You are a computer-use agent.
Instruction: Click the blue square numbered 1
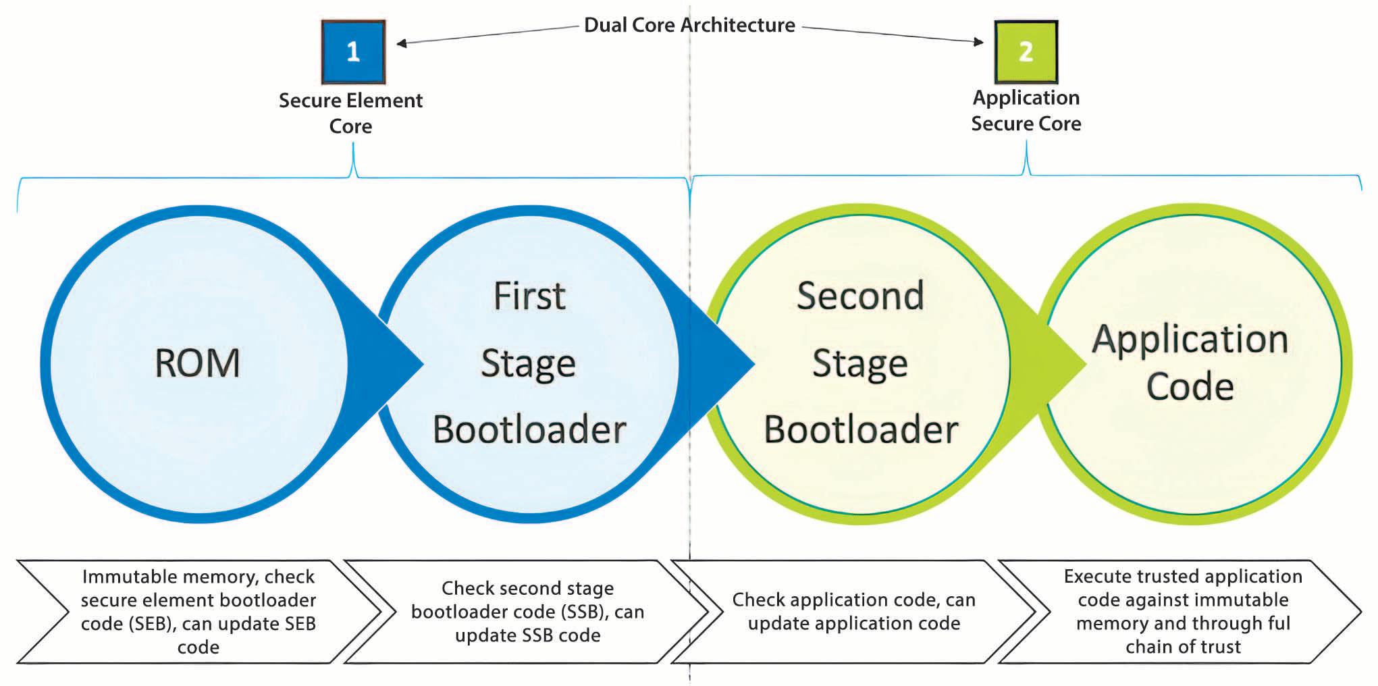(x=353, y=51)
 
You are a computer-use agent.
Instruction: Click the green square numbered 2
(x=1026, y=51)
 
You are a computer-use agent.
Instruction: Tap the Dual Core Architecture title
(x=689, y=25)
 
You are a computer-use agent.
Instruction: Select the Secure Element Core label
(x=350, y=113)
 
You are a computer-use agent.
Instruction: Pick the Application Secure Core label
(x=1026, y=110)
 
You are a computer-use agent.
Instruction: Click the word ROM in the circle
(x=197, y=363)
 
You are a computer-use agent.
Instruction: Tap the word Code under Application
(x=1190, y=386)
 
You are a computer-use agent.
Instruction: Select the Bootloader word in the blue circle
(x=529, y=429)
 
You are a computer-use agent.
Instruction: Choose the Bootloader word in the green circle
(x=861, y=429)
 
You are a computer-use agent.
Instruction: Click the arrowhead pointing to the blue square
(x=401, y=43)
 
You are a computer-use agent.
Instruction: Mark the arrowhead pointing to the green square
(x=978, y=42)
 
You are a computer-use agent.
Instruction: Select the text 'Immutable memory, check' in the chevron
(x=198, y=577)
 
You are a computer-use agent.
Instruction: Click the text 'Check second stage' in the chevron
(x=527, y=588)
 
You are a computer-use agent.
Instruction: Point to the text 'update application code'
(x=853, y=623)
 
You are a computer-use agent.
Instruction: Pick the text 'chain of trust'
(x=1183, y=647)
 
